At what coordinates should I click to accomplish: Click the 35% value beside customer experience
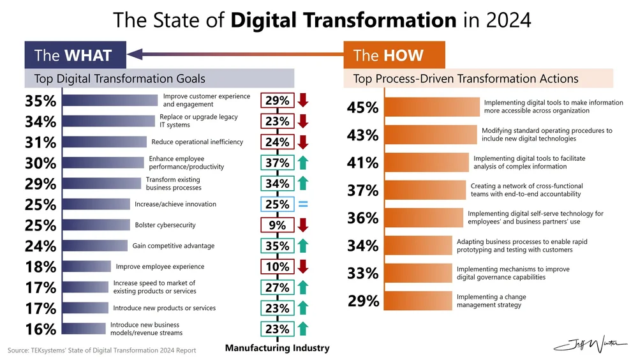[40, 101]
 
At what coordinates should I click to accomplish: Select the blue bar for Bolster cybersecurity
[96, 225]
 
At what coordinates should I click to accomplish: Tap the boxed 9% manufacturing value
[278, 225]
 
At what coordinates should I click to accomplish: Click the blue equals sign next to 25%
[303, 205]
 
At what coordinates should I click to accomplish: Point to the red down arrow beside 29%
[303, 100]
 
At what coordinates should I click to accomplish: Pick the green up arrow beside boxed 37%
[303, 163]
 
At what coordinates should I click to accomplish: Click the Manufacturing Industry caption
[277, 348]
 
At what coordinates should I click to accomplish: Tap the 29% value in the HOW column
[363, 301]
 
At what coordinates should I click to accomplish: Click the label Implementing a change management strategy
[489, 301]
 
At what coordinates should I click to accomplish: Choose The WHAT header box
[75, 55]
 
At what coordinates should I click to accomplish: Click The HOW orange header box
[394, 55]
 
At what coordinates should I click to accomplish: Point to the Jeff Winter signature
[590, 344]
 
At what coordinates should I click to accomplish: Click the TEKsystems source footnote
[102, 350]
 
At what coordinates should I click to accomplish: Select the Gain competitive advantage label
[173, 246]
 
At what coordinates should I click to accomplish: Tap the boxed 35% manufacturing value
[278, 246]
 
